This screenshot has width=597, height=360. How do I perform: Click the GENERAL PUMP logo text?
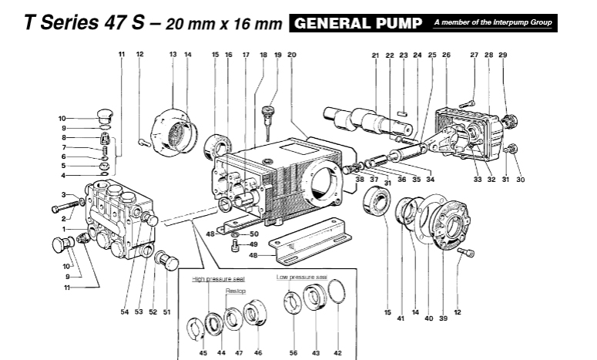359,23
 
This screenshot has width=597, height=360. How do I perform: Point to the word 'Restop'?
235,292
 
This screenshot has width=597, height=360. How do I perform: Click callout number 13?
173,55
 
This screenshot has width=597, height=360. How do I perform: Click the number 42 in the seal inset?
336,352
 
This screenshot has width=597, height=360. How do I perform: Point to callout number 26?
446,55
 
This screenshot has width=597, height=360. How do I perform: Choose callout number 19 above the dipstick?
277,55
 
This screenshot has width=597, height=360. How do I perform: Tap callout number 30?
521,180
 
